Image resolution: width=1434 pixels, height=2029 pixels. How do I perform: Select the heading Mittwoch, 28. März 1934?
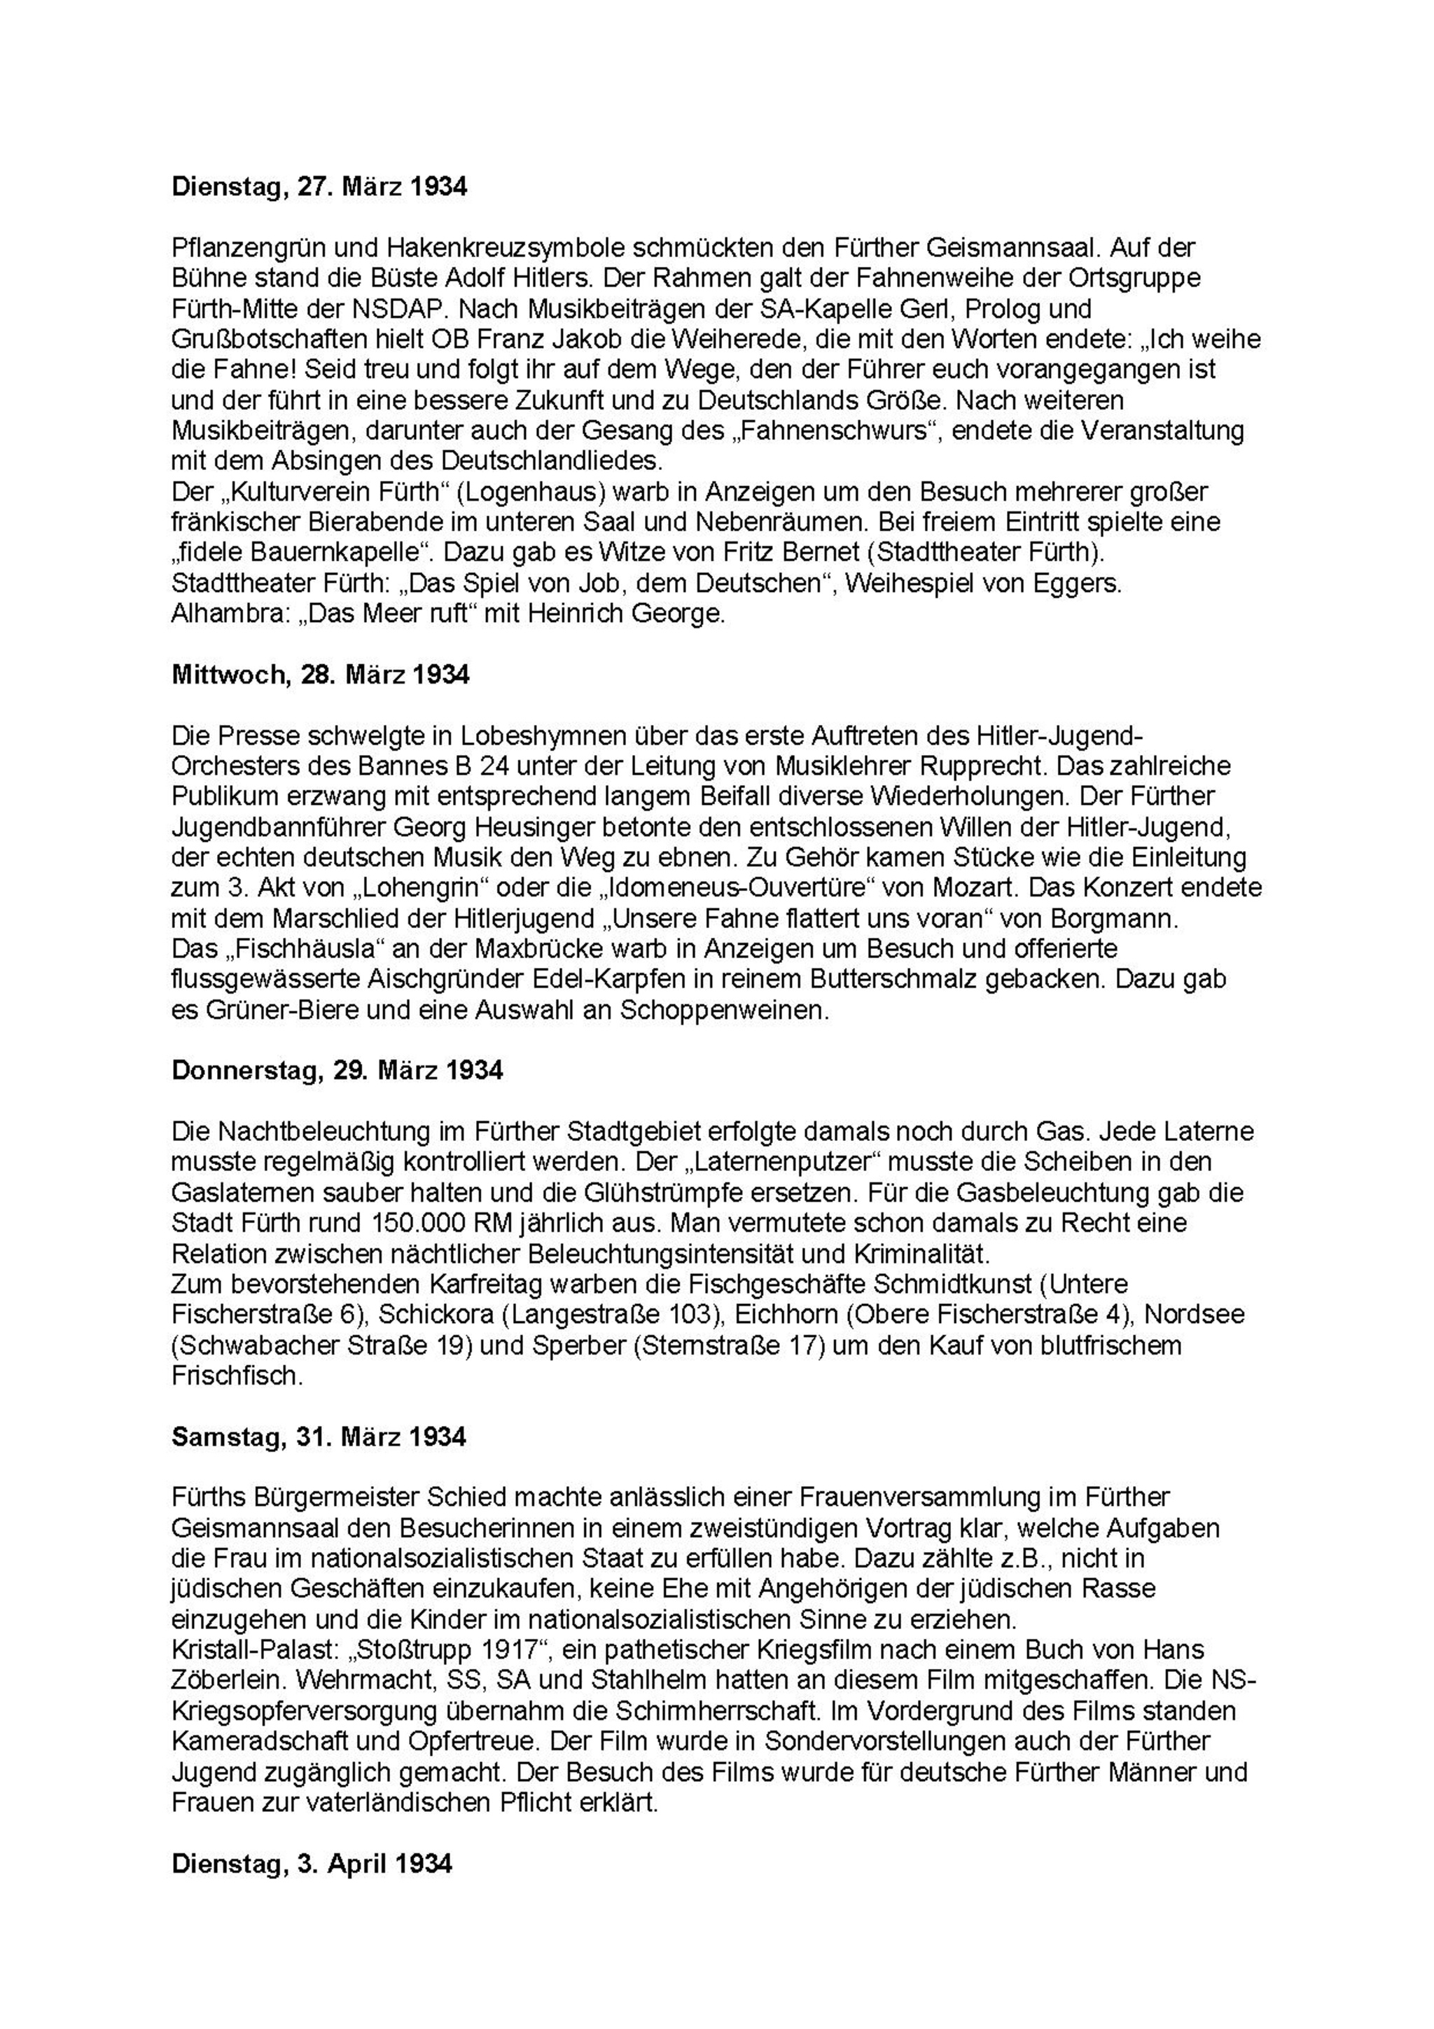coord(320,675)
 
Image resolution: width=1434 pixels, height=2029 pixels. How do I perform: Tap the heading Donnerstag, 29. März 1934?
coord(337,1070)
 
